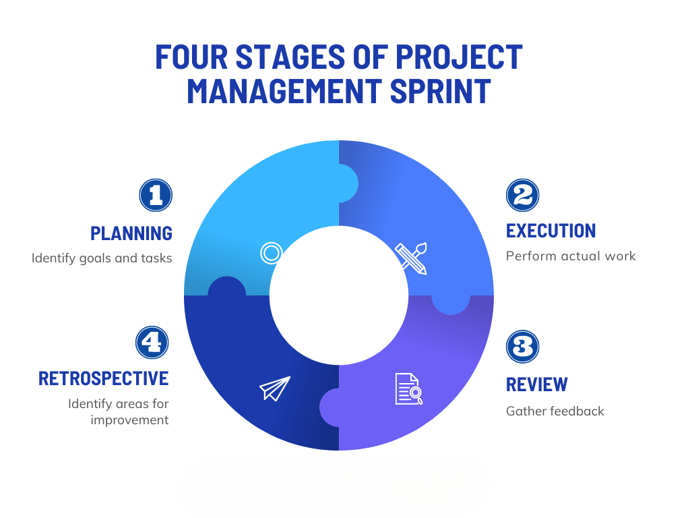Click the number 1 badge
click(156, 195)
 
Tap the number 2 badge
click(522, 195)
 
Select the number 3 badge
click(522, 347)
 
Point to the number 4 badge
click(152, 342)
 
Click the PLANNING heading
click(131, 233)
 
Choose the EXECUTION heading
click(551, 231)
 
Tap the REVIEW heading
click(537, 384)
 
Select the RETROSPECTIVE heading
click(103, 378)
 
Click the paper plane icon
click(275, 388)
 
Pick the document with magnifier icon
click(409, 389)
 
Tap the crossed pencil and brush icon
click(411, 258)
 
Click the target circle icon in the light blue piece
click(271, 254)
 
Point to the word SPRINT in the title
click(440, 91)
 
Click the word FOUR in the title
click(191, 57)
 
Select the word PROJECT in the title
click(459, 57)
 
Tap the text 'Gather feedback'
click(555, 411)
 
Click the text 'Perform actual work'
click(571, 256)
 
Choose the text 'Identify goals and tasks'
click(102, 258)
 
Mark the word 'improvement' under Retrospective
click(129, 420)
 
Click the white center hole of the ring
click(339, 295)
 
